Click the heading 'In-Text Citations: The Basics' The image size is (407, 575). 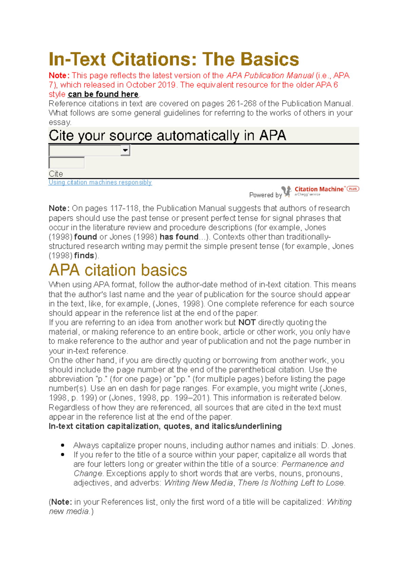coord(174,59)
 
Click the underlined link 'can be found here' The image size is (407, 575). coord(103,94)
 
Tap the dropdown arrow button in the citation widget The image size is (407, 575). coord(125,150)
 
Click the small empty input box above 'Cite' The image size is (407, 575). coord(66,163)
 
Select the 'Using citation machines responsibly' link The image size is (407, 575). coord(100,182)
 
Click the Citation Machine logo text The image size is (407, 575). coord(319,189)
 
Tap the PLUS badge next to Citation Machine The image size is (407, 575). coord(353,189)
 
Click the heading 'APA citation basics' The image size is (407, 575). coord(118,270)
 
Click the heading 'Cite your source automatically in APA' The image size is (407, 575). coord(167,135)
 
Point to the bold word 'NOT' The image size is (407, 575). coord(247,322)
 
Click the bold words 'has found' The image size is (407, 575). coord(179,237)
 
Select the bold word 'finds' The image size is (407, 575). coord(84,255)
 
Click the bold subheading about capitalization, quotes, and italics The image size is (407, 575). coord(165,426)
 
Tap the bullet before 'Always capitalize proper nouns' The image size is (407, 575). coord(63,445)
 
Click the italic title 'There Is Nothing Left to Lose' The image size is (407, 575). coord(291,483)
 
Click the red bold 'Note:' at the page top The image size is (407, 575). coord(59,76)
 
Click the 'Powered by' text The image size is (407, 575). coord(265,195)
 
